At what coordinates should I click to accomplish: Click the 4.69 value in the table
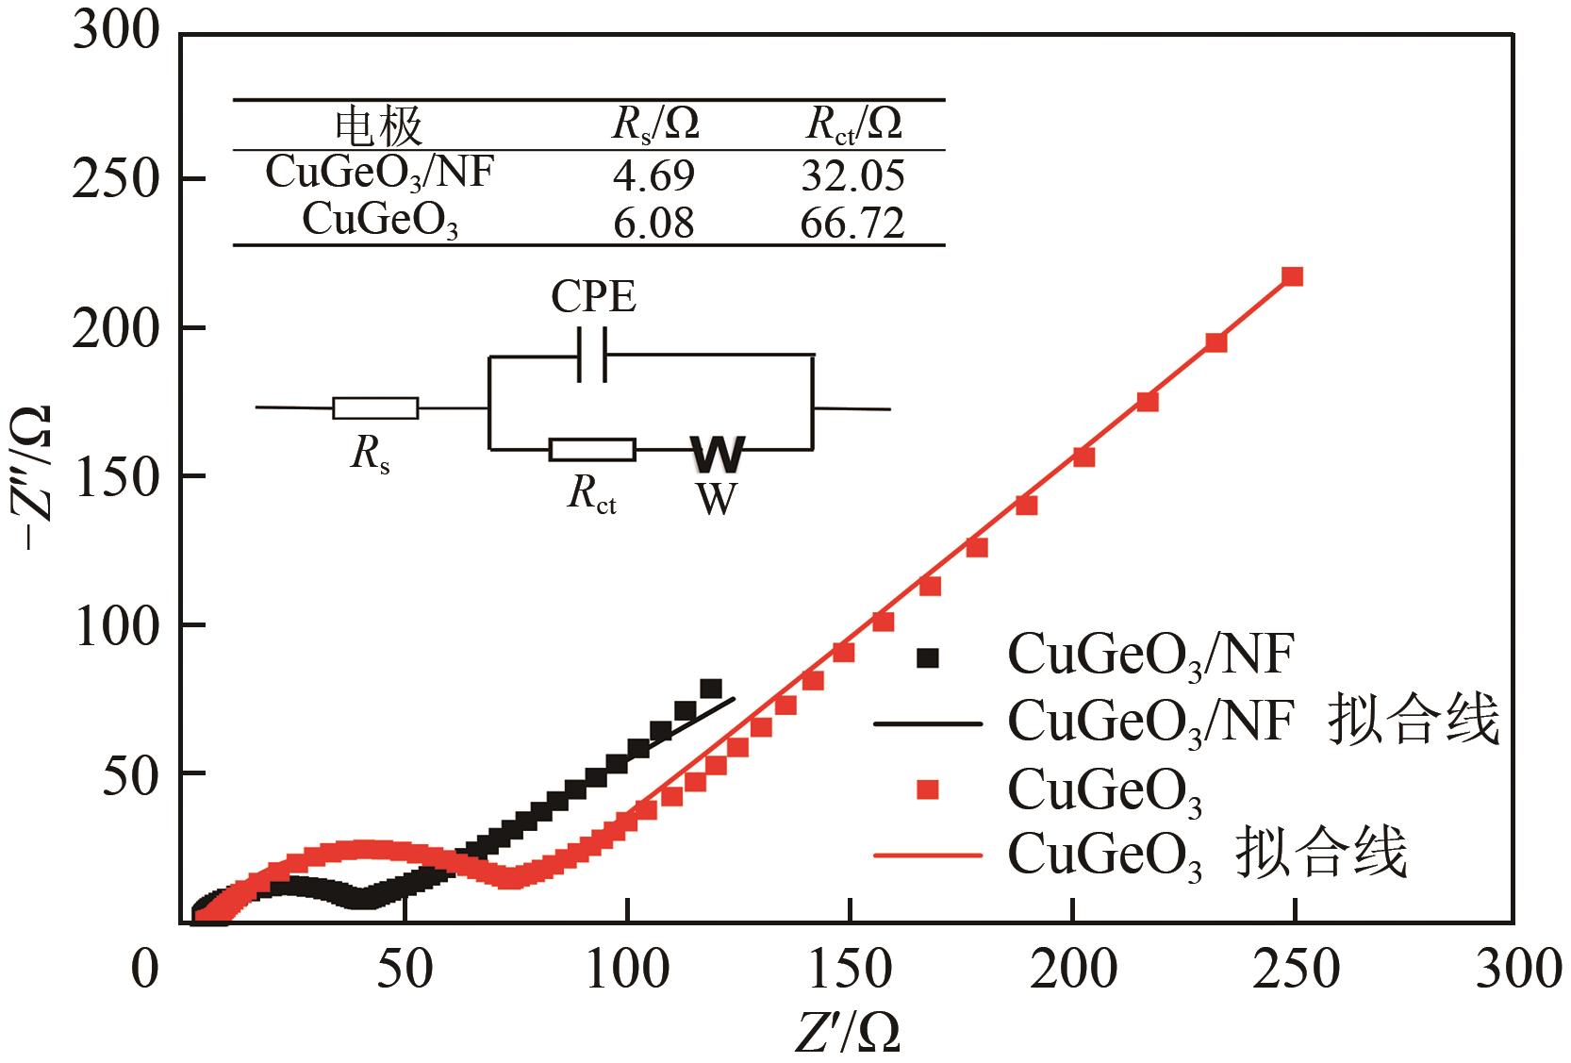tap(654, 175)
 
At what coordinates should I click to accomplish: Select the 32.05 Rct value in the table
tap(852, 175)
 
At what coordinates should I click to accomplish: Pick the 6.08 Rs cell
tap(654, 224)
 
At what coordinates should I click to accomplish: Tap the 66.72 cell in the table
tap(852, 224)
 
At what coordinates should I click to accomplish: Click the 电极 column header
tap(380, 125)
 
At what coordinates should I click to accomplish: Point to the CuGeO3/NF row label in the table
tap(379, 173)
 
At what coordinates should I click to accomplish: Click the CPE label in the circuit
tap(594, 298)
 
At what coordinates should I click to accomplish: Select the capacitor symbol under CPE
tap(592, 356)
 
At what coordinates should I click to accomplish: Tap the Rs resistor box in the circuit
tap(375, 407)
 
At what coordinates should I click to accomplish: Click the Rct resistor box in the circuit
tap(592, 450)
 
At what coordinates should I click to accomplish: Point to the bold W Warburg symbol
tap(718, 454)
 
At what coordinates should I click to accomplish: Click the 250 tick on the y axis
tap(114, 179)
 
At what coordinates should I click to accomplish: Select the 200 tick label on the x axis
tap(1073, 969)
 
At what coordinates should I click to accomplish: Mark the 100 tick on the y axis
tap(114, 625)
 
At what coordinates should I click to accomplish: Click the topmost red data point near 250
tap(1293, 276)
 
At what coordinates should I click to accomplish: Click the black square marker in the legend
tap(929, 657)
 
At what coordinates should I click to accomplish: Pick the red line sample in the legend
tap(929, 856)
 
